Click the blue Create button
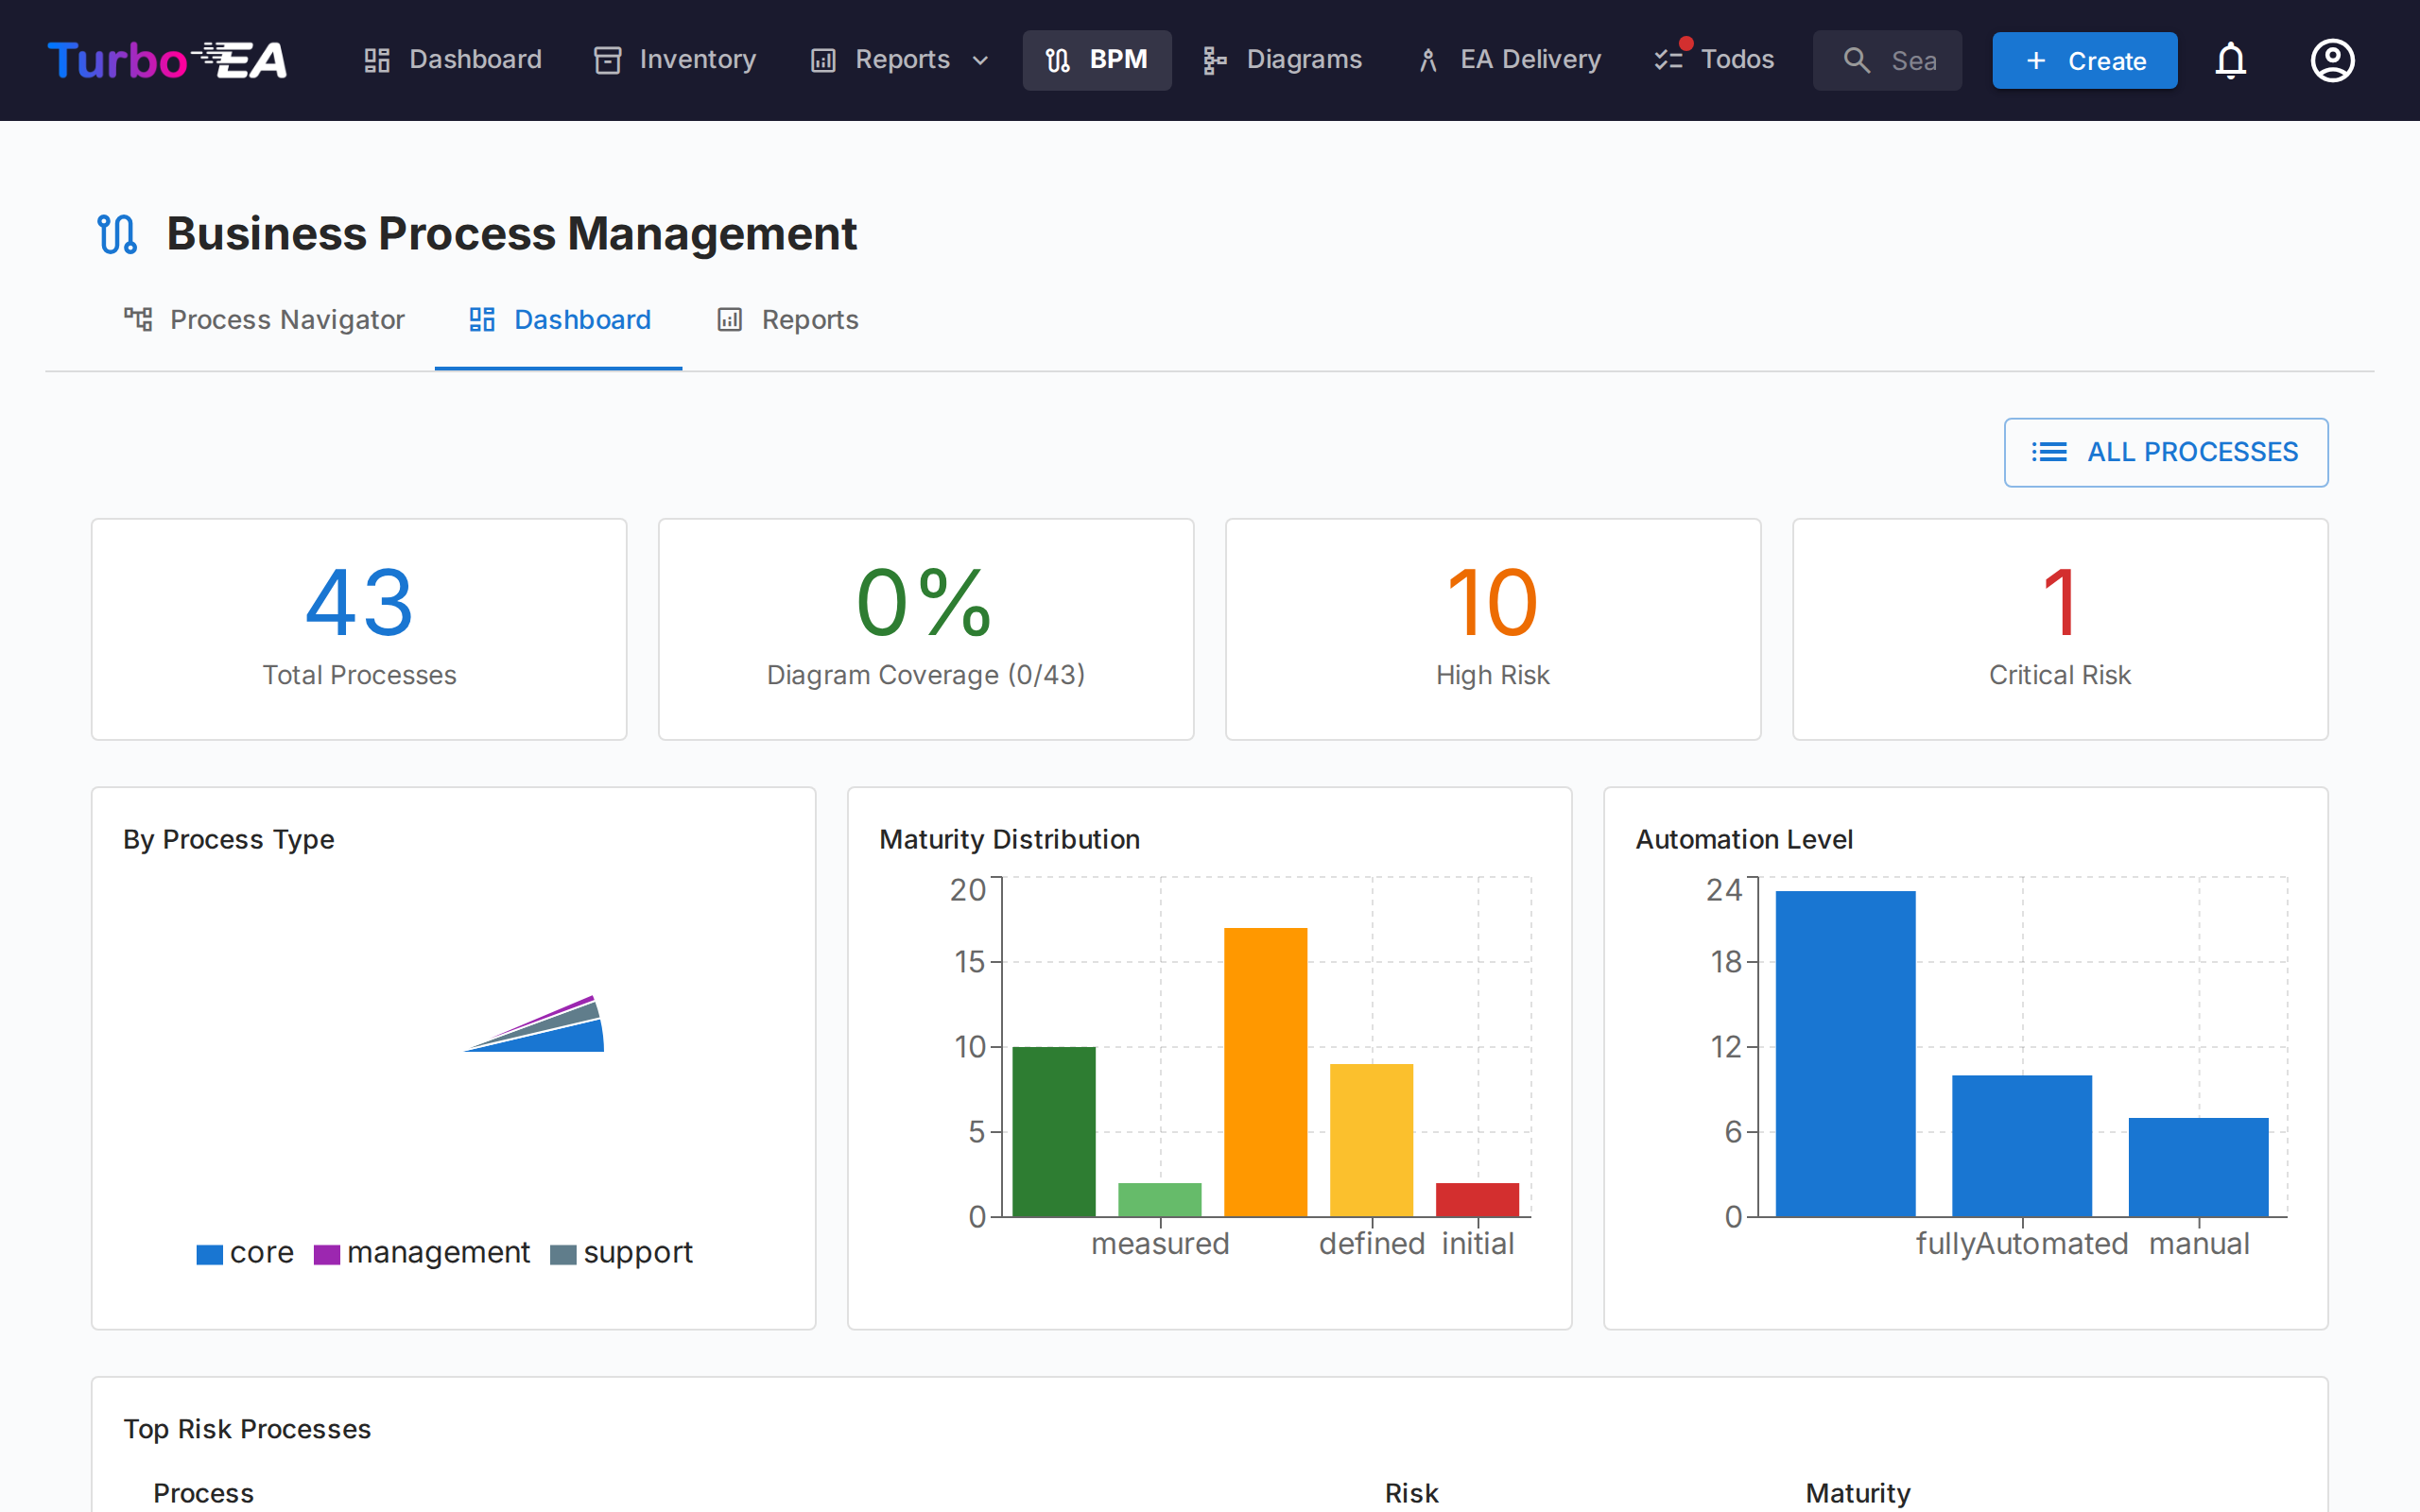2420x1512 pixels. pyautogui.click(x=2084, y=61)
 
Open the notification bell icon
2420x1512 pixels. pyautogui.click(x=2230, y=61)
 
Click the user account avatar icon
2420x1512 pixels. pyautogui.click(x=2332, y=61)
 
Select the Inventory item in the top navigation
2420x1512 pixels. pyautogui.click(x=675, y=60)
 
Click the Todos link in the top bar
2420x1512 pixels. pyautogui.click(x=1715, y=60)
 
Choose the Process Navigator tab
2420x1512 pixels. pyautogui.click(x=265, y=320)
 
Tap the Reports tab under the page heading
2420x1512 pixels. pyautogui.click(x=788, y=320)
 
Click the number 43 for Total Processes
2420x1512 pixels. pyautogui.click(x=359, y=603)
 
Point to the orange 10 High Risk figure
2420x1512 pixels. pyautogui.click(x=1492, y=603)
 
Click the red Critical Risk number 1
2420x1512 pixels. pyautogui.click(x=2060, y=603)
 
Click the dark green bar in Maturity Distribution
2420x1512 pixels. pyautogui.click(x=1054, y=1131)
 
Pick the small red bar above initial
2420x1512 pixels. pyautogui.click(x=1477, y=1199)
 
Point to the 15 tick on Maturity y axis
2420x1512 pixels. pyautogui.click(x=969, y=962)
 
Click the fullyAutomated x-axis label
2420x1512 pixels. pyautogui.click(x=2021, y=1244)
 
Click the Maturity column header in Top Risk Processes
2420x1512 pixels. pyautogui.click(x=1857, y=1493)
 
